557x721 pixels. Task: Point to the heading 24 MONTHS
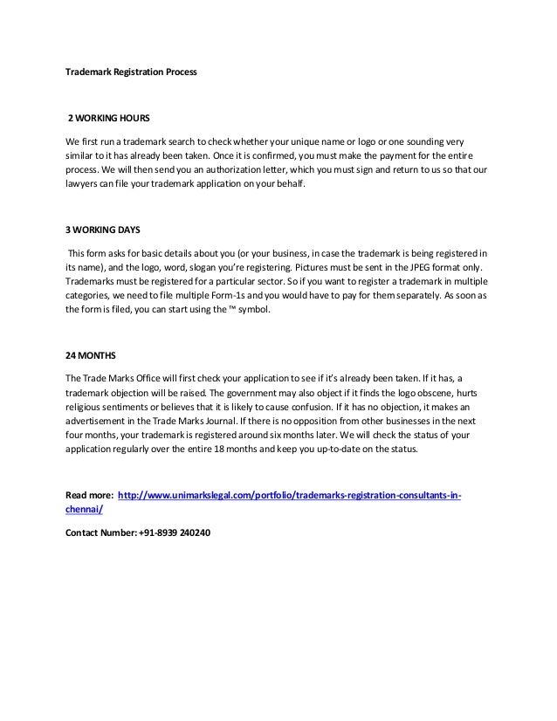pyautogui.click(x=88, y=358)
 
